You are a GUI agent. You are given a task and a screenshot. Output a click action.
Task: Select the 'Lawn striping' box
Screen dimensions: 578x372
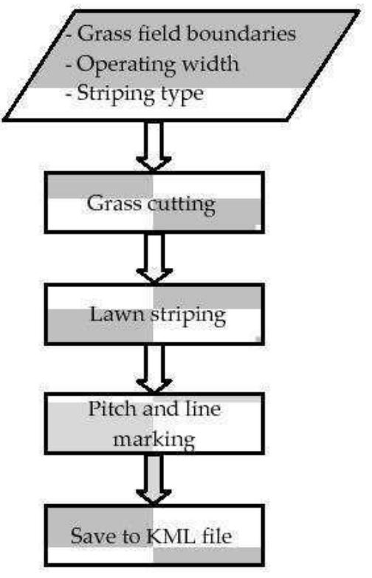[x=152, y=314]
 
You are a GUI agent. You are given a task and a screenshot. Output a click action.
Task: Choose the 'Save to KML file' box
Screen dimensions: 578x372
[x=152, y=535]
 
